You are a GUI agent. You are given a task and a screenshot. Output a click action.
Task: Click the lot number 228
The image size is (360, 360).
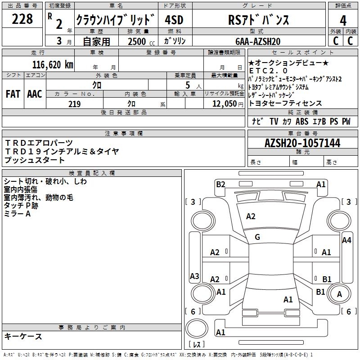pyautogui.click(x=22, y=19)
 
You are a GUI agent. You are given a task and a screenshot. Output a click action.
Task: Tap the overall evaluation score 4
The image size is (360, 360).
pyautogui.click(x=343, y=21)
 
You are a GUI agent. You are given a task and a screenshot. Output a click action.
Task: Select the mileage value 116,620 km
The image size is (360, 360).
pyautogui.click(x=52, y=64)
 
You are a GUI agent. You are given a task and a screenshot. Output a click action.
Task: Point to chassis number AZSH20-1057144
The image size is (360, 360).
pyautogui.click(x=302, y=143)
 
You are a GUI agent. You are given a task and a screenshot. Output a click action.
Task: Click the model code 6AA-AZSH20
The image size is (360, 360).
pyautogui.click(x=258, y=41)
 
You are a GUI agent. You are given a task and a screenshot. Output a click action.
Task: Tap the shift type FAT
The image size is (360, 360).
pyautogui.click(x=13, y=94)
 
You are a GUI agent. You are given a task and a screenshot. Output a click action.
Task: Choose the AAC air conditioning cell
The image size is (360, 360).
pyautogui.click(x=34, y=94)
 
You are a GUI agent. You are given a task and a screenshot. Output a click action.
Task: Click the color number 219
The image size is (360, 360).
pyautogui.click(x=74, y=104)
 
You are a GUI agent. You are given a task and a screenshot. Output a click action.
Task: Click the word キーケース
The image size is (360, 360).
pyautogui.click(x=23, y=336)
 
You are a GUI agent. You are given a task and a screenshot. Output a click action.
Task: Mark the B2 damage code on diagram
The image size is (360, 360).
pyautogui.click(x=220, y=184)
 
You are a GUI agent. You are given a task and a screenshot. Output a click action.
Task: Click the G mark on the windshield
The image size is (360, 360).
pyautogui.click(x=257, y=237)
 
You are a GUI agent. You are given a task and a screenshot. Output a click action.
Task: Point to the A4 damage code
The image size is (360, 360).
pyautogui.click(x=346, y=240)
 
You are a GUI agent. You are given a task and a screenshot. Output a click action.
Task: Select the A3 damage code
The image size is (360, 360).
pyautogui.click(x=194, y=276)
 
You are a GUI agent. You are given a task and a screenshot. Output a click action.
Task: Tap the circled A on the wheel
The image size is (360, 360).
pyautogui.click(x=340, y=294)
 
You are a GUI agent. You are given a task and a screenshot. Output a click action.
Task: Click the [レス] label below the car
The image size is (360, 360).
pyautogui.click(x=197, y=345)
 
